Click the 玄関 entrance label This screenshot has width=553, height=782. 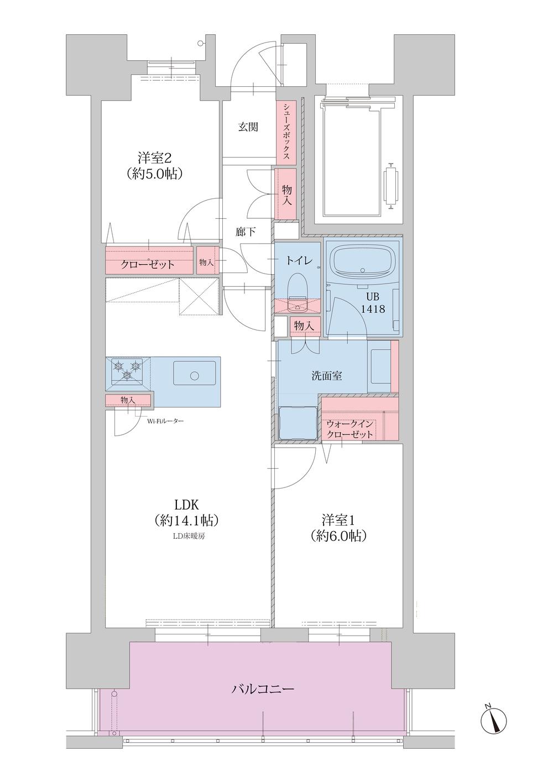[x=248, y=127]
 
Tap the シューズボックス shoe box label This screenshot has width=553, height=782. [x=286, y=132]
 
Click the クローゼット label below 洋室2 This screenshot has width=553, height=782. [x=148, y=264]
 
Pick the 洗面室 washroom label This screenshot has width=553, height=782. [x=327, y=376]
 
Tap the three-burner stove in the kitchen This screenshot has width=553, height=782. [x=127, y=371]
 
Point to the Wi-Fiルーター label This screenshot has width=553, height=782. [x=165, y=421]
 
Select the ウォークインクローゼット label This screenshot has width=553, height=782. [x=349, y=429]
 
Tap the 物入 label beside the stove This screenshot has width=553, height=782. [x=128, y=400]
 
